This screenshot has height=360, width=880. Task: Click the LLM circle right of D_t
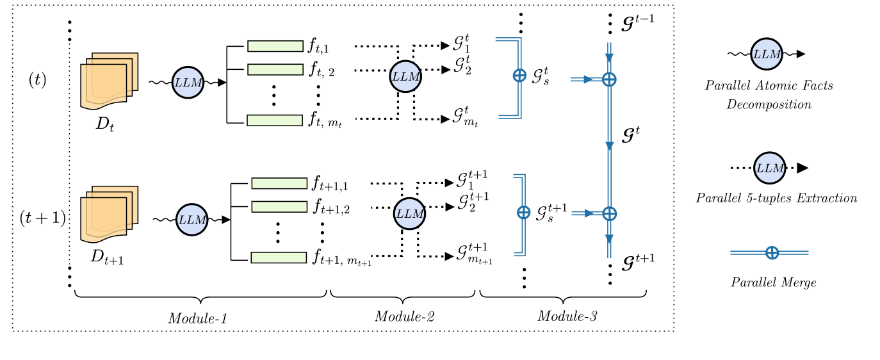(x=188, y=83)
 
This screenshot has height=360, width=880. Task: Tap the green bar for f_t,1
(x=275, y=46)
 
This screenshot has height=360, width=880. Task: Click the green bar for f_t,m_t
(x=275, y=120)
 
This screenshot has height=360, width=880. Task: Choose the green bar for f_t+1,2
(x=279, y=207)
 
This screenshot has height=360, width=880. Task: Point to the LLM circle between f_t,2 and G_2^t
(x=406, y=76)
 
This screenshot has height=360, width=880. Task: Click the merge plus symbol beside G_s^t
(x=519, y=76)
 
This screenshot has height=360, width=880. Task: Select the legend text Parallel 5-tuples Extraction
(x=776, y=199)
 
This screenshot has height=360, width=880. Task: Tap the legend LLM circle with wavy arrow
(x=767, y=54)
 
